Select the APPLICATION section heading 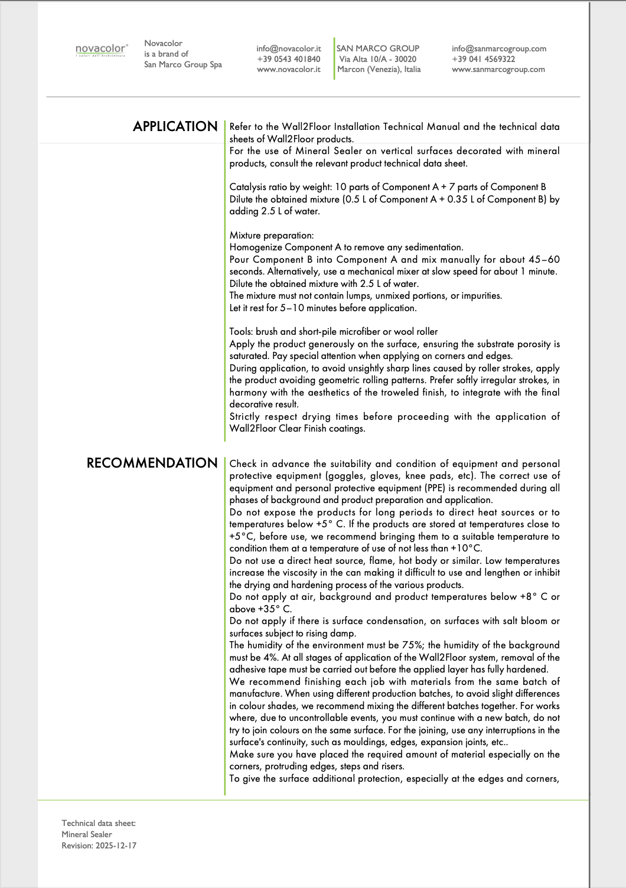pos(175,126)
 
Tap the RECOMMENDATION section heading pos(152,463)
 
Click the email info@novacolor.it pos(289,48)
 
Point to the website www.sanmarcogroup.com pos(498,70)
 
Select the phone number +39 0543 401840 pos(289,59)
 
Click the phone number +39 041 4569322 pos(483,59)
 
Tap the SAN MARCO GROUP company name pos(378,48)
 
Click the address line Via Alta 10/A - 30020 pos(378,59)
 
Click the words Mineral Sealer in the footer pos(87,834)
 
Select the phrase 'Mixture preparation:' pos(272,236)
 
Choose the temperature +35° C pos(275,609)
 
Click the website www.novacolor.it pos(289,70)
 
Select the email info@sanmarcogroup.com pos(499,48)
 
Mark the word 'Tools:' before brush pos(242,332)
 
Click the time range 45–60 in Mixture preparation pos(544,260)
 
